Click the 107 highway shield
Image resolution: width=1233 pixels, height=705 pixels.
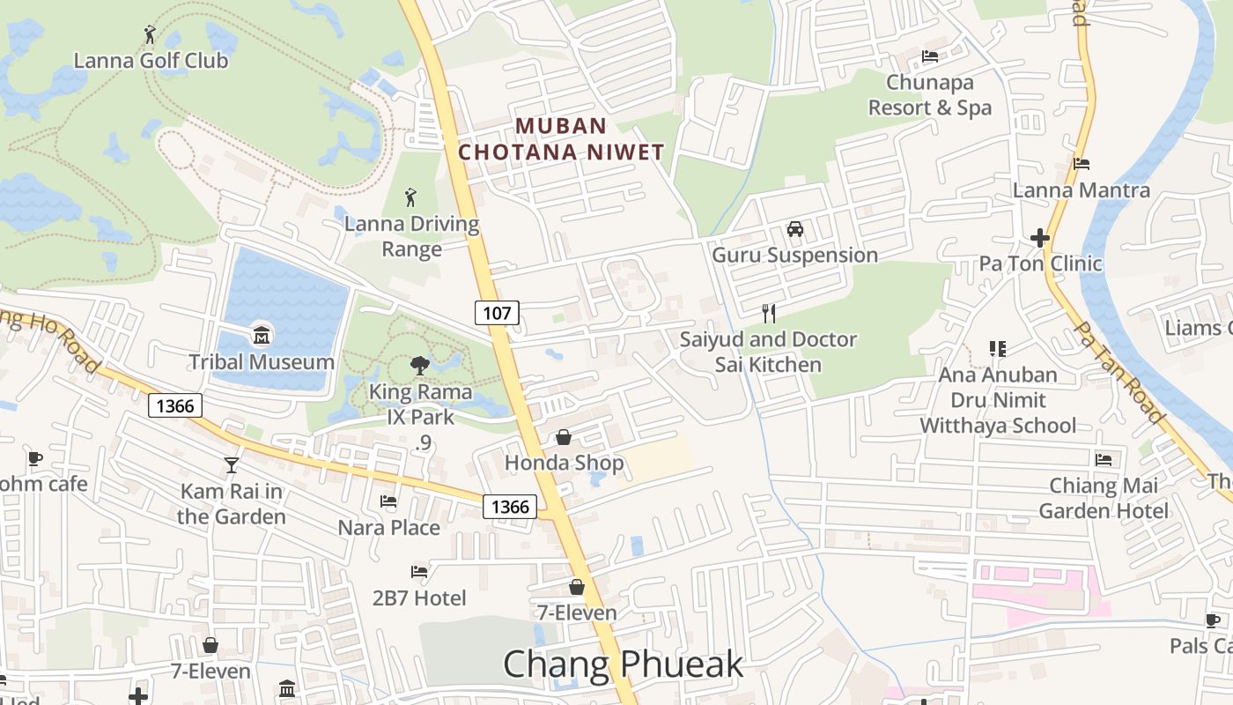click(497, 313)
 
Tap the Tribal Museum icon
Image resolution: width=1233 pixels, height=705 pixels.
click(262, 336)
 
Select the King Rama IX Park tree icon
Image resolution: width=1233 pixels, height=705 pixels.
click(419, 365)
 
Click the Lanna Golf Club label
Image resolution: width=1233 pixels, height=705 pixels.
click(151, 61)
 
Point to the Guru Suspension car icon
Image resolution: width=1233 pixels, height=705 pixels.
click(795, 229)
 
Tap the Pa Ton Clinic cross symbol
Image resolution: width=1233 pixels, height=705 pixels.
click(1040, 238)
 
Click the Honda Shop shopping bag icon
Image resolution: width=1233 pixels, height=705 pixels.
click(564, 437)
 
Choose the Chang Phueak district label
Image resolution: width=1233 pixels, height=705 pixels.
click(623, 664)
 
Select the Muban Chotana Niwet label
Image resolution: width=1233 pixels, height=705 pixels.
click(561, 139)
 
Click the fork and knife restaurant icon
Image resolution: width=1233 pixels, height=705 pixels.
click(769, 313)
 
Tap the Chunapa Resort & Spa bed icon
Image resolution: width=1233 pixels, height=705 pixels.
click(930, 57)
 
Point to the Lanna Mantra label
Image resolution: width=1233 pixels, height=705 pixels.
click(1081, 190)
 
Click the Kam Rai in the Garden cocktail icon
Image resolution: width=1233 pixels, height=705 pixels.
click(232, 465)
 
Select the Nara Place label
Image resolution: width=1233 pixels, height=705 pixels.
click(389, 528)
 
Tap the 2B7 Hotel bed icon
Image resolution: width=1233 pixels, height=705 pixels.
click(419, 572)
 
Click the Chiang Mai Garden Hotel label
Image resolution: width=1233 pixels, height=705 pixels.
click(1104, 498)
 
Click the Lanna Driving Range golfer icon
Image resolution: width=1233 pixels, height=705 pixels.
click(410, 197)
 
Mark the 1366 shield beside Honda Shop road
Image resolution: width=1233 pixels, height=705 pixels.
click(510, 507)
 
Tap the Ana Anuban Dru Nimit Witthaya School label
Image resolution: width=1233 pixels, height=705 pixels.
click(998, 400)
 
